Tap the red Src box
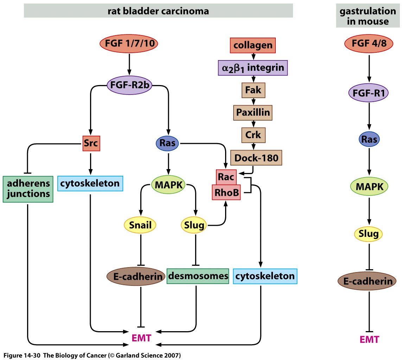[x=91, y=143]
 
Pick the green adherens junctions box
[x=28, y=189]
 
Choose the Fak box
[x=253, y=90]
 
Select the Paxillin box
[x=253, y=112]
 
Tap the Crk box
[x=253, y=135]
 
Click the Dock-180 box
[x=256, y=158]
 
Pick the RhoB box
[x=226, y=192]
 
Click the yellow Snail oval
[x=140, y=225]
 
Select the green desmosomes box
[x=198, y=276]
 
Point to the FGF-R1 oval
[x=369, y=94]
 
